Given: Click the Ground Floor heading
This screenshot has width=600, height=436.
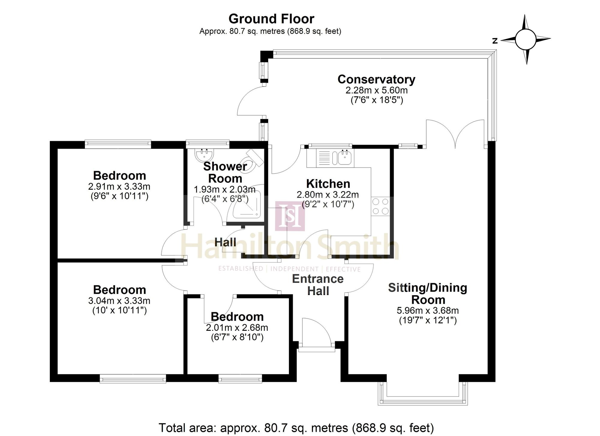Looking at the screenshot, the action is pos(271,19).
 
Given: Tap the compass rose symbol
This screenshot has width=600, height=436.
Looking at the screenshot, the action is pos(525,39).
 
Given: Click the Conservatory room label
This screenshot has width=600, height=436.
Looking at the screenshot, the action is pos(376,79).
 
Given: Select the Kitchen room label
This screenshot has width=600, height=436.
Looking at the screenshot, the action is pos(328,183).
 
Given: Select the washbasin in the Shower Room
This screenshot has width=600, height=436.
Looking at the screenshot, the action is pos(205,154).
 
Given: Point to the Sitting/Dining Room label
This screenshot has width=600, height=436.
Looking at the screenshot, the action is pos(428,294).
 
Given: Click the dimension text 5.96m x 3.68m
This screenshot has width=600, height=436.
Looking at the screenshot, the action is pos(428,310).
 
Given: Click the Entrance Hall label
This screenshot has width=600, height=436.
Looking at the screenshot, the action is pos(318,285).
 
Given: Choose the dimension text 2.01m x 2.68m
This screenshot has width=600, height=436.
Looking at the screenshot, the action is pos(237,328).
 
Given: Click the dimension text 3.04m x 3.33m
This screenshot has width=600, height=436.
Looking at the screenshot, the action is pos(119,301).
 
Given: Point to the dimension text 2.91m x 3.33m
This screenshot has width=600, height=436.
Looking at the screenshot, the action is pos(119,187).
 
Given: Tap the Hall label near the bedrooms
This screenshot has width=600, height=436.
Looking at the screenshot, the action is pos(225,242).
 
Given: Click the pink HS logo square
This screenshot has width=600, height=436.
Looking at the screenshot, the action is pos(290,216).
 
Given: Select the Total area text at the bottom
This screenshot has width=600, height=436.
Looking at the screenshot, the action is pos(296,428).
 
